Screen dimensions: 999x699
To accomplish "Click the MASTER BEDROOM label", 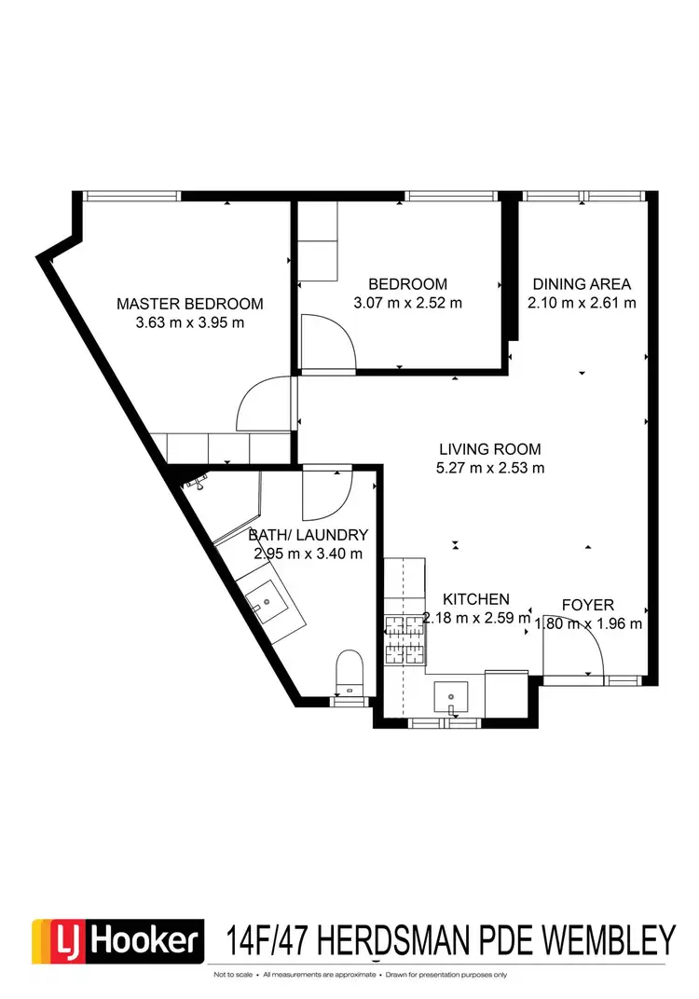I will click(189, 304).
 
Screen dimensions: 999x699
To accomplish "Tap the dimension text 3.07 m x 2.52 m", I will click(407, 303).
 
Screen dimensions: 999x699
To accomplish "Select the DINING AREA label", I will click(582, 284).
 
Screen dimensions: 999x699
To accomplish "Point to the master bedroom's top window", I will click(130, 196).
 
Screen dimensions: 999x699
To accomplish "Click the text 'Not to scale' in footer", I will click(234, 975).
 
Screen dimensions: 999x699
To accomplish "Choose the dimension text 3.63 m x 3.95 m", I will click(189, 323).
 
